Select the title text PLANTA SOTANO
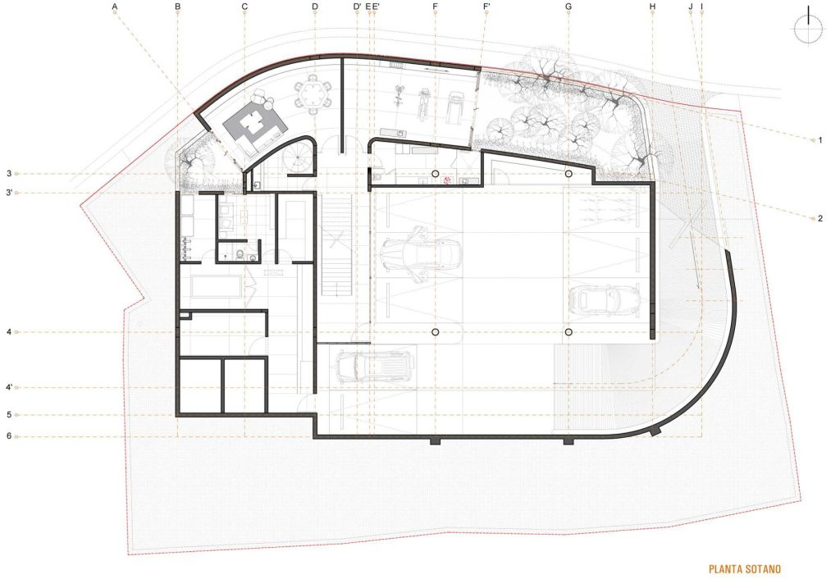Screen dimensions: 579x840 (744, 568)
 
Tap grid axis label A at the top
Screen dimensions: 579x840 (116, 7)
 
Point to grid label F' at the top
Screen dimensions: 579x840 (486, 7)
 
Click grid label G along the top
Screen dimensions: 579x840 (568, 7)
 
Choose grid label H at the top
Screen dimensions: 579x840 (652, 7)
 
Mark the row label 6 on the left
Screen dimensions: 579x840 (9, 435)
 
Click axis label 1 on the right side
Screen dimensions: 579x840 (820, 140)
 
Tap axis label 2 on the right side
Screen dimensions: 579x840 (820, 218)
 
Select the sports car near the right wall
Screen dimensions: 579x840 (604, 299)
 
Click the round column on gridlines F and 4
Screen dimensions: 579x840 (435, 331)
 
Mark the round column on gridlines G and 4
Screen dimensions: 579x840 (568, 331)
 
